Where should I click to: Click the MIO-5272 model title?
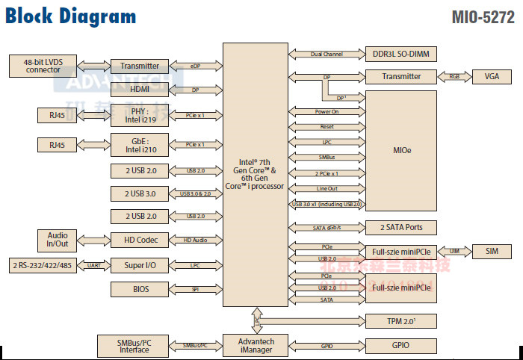pyautogui.click(x=483, y=17)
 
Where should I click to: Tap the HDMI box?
pyautogui.click(x=139, y=89)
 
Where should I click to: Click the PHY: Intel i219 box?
pyautogui.click(x=139, y=115)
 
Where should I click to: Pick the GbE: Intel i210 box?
pyautogui.click(x=139, y=143)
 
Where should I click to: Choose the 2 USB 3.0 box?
pyautogui.click(x=139, y=193)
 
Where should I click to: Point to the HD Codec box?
pyautogui.click(x=139, y=240)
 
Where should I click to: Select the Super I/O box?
pyautogui.click(x=139, y=265)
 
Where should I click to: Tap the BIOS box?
pyautogui.click(x=139, y=289)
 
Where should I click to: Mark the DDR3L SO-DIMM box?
pyautogui.click(x=400, y=54)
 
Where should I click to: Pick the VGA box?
pyautogui.click(x=492, y=76)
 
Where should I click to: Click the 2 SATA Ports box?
pyautogui.click(x=400, y=227)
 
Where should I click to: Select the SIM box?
pyautogui.click(x=492, y=251)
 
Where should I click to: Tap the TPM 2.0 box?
pyautogui.click(x=400, y=320)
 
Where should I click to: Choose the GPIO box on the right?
pyautogui.click(x=400, y=345)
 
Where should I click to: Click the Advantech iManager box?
pyautogui.click(x=256, y=346)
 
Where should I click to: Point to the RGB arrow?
pyautogui.click(x=455, y=76)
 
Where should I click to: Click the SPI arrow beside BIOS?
pyautogui.click(x=196, y=289)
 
